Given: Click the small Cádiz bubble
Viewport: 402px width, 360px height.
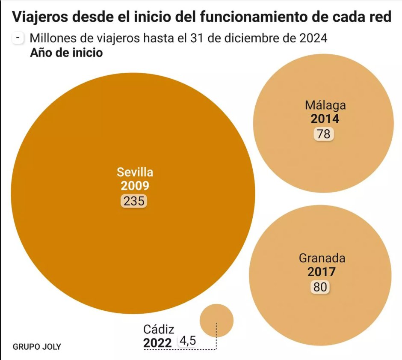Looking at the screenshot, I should pyautogui.click(x=216, y=320).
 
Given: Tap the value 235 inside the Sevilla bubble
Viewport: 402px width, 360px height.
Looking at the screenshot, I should pyautogui.click(x=134, y=201).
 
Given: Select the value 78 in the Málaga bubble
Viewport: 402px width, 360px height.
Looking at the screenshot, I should pyautogui.click(x=323, y=134).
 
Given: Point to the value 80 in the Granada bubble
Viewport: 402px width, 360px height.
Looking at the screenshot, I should pyautogui.click(x=320, y=287).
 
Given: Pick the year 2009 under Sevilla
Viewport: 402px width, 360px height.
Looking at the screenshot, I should pyautogui.click(x=135, y=186).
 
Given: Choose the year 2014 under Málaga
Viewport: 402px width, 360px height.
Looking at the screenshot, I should pyautogui.click(x=325, y=119).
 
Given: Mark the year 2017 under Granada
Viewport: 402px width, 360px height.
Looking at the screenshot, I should pyautogui.click(x=321, y=272).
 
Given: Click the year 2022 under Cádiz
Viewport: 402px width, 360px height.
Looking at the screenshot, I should pyautogui.click(x=157, y=343).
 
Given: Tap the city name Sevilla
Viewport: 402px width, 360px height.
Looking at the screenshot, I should pyautogui.click(x=135, y=173).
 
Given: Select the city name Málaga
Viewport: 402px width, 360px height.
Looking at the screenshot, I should pyautogui.click(x=325, y=105).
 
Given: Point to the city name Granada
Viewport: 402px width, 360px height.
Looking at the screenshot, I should pyautogui.click(x=322, y=258).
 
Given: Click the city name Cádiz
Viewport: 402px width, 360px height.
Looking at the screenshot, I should pyautogui.click(x=159, y=329).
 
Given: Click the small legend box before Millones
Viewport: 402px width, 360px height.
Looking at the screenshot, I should pyautogui.click(x=18, y=38).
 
